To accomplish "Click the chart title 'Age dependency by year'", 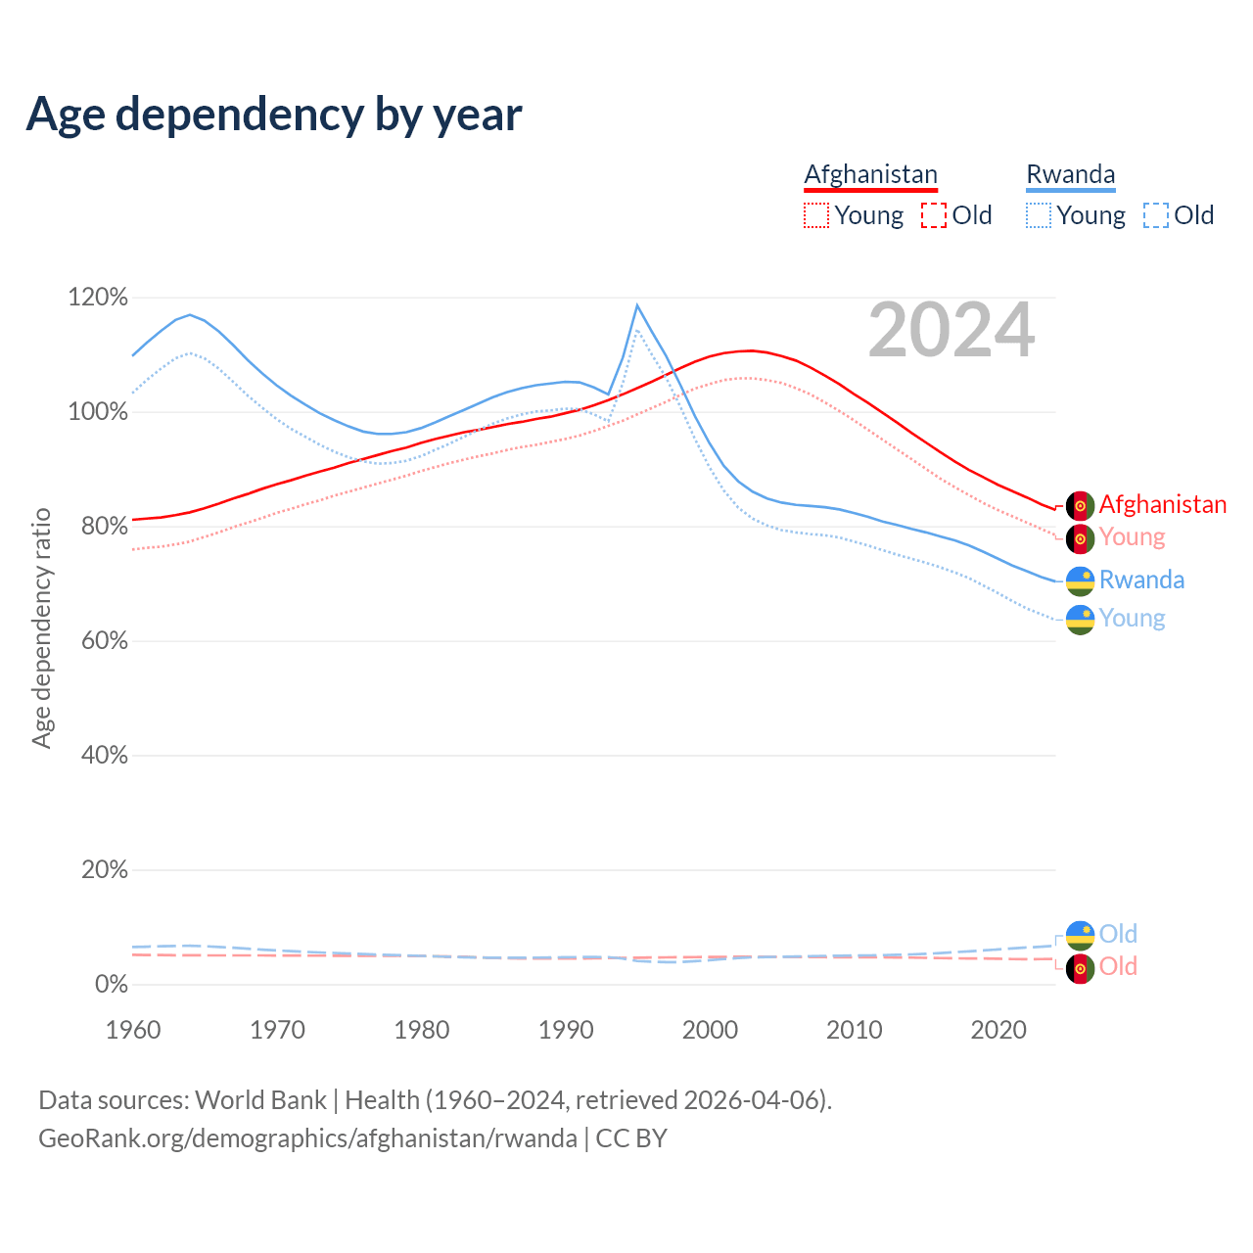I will click(x=274, y=114).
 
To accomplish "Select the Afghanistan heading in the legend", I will click(x=870, y=174).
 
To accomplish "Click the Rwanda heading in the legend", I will click(x=1070, y=174).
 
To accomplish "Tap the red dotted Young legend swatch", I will click(x=816, y=215).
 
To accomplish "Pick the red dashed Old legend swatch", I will click(x=934, y=215).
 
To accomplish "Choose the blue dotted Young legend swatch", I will click(x=1039, y=215).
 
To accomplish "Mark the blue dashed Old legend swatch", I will click(x=1156, y=215).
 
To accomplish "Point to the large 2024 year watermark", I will click(x=951, y=330).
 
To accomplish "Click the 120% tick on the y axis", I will click(x=98, y=297).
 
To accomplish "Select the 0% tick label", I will click(x=111, y=985).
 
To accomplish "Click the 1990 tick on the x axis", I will click(x=566, y=1030).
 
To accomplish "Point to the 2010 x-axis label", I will click(x=855, y=1030).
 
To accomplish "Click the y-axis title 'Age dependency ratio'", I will click(x=41, y=627).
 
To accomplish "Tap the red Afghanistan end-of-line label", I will click(x=1162, y=504).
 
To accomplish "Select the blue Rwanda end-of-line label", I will click(x=1141, y=580).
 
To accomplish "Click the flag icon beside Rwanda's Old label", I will click(x=1080, y=935).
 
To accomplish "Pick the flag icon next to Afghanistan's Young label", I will click(x=1080, y=538).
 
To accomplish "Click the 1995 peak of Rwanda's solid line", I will click(x=637, y=305).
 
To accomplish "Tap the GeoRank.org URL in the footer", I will click(x=307, y=1138).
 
